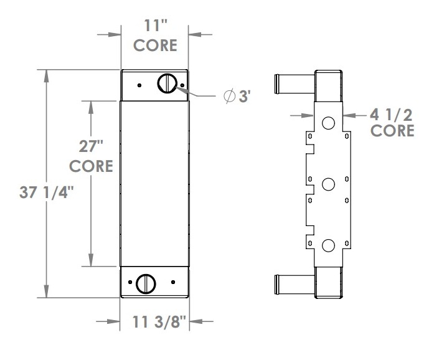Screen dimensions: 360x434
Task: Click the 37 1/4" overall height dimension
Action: [x=47, y=193]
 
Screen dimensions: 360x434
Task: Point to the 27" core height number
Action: [x=91, y=147]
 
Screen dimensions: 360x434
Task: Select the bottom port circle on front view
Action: [x=146, y=283]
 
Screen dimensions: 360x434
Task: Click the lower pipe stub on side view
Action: [x=293, y=283]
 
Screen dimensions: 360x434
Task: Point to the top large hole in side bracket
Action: [x=328, y=123]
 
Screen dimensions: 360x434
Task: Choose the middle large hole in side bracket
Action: [x=328, y=184]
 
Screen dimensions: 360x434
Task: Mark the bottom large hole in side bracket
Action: [x=328, y=245]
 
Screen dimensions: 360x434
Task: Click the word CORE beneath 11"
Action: [x=154, y=46]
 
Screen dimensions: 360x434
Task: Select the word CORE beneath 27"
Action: [x=91, y=167]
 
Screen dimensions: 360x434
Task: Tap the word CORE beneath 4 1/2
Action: [x=392, y=131]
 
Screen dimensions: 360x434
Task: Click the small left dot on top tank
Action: [x=140, y=85]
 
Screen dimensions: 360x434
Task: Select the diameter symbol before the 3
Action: [x=229, y=96]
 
